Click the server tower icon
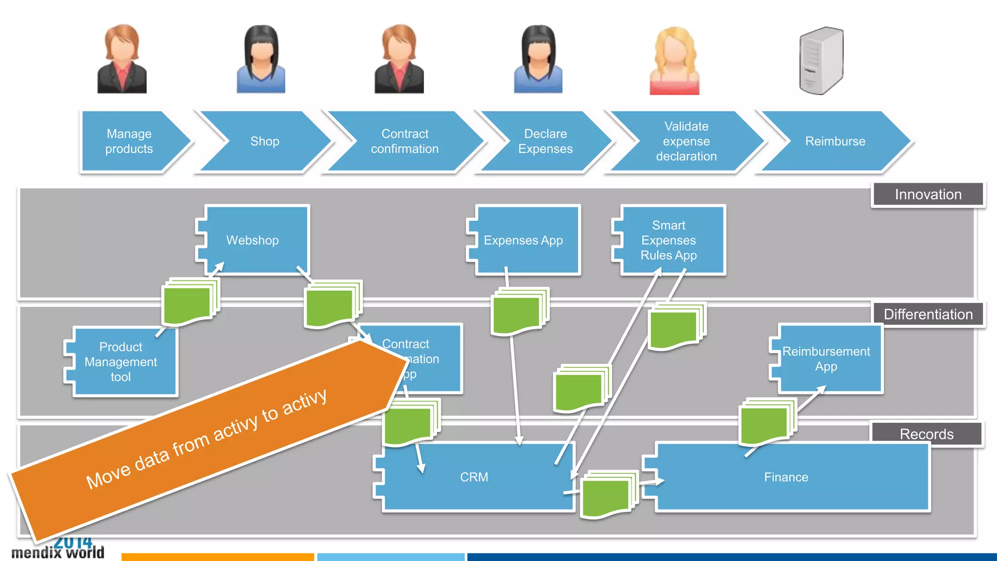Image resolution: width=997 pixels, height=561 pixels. pos(821,61)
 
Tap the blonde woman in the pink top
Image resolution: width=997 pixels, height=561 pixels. pos(675,61)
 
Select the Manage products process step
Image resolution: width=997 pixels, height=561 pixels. pos(129,141)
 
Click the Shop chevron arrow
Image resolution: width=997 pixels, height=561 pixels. pos(265,141)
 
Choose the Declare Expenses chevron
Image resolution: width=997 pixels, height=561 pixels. pos(545,141)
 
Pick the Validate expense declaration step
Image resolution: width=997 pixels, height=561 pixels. pos(686,141)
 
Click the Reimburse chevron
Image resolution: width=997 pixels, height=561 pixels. pos(835,141)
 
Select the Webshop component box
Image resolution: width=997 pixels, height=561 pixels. pos(253,240)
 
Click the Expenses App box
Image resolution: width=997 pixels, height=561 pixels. pos(523,240)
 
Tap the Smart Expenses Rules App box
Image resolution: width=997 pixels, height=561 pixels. pos(669,240)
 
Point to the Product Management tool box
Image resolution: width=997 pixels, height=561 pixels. pos(121,361)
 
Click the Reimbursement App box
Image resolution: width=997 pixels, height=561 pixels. pos(826,359)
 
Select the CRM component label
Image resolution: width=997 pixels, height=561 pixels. pos(474,477)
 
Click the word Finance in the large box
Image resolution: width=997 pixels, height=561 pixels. pos(786,477)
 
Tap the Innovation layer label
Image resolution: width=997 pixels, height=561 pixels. pos(928,195)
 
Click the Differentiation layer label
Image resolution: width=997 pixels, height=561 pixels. pos(928,315)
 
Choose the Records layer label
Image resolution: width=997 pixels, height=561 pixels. pos(926,434)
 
